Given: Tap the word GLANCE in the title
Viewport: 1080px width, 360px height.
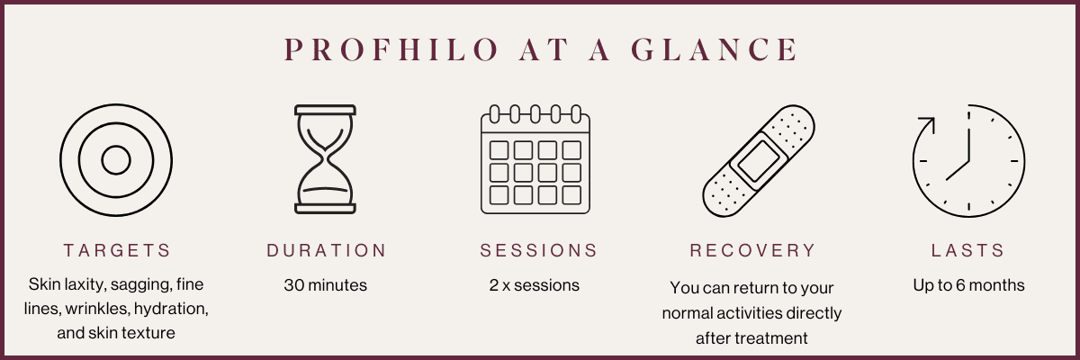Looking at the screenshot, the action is click(x=715, y=49).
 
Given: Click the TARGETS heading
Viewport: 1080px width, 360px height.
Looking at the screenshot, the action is click(x=117, y=250).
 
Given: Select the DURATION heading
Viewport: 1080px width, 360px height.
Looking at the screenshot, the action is click(x=327, y=250).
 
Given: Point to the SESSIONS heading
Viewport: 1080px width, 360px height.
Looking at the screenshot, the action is click(x=538, y=250).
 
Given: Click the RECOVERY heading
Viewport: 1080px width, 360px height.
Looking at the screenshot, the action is click(x=752, y=250).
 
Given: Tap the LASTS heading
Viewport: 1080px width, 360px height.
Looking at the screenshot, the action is click(x=967, y=250).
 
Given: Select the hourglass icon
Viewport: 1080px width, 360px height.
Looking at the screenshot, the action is click(x=326, y=159).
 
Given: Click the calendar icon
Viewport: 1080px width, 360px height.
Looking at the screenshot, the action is click(x=535, y=159).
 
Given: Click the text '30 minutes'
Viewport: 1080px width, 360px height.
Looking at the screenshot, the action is click(x=326, y=285).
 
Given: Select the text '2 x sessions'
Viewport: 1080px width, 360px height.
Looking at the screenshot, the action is click(x=535, y=285).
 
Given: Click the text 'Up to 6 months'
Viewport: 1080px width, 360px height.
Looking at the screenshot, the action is click(x=968, y=285).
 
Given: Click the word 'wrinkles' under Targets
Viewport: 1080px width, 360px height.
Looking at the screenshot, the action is click(x=97, y=309).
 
